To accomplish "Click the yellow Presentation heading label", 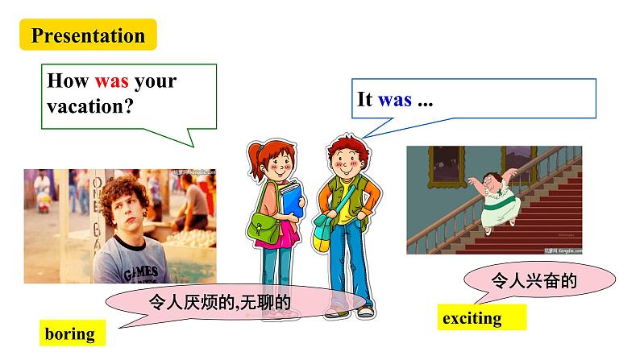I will [x=89, y=35].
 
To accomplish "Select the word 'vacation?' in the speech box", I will [x=89, y=105].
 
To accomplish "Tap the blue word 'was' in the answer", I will [x=394, y=100].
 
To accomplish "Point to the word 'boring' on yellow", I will [x=70, y=333].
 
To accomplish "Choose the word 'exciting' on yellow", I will [x=472, y=318].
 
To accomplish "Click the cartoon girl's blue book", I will [x=289, y=198].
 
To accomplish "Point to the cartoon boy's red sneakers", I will [x=364, y=310].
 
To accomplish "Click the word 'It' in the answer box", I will [x=364, y=100].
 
